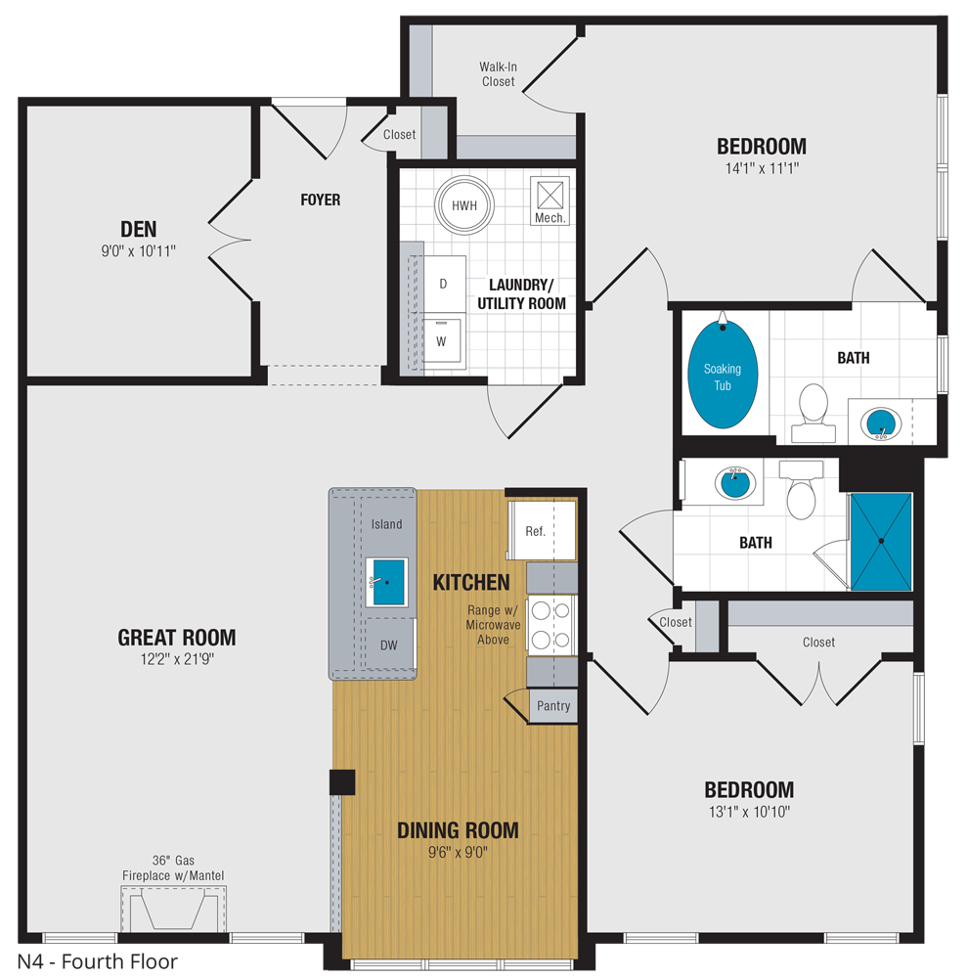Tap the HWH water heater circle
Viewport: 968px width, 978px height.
[463, 206]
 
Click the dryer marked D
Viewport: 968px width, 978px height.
[443, 284]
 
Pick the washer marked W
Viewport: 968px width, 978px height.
[442, 340]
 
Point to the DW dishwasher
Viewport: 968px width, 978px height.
[388, 645]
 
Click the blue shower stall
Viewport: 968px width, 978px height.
[881, 541]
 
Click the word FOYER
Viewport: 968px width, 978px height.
[321, 200]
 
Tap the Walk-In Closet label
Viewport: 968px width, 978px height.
[498, 74]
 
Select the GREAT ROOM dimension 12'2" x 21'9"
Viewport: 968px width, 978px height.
[176, 659]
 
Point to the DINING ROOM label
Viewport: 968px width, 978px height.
[458, 830]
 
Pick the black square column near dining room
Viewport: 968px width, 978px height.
[342, 782]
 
